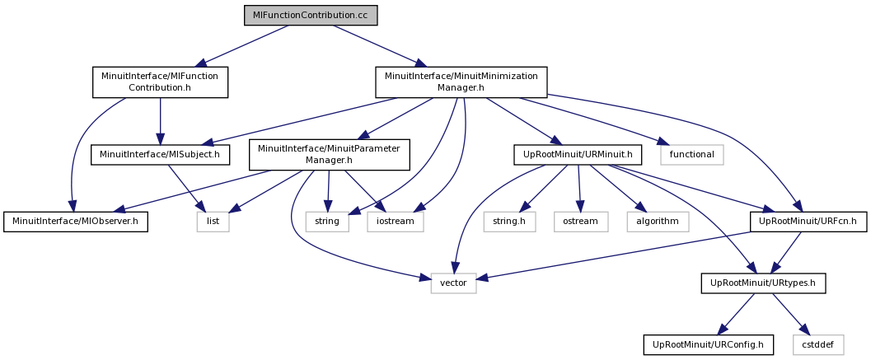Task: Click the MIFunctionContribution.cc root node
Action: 311,15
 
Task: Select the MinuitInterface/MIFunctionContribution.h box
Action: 160,82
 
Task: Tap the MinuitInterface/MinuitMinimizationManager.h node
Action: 461,82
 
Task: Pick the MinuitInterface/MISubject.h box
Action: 160,155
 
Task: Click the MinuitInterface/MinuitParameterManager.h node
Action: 330,155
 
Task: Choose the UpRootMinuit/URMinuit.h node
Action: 578,155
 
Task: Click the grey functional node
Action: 692,155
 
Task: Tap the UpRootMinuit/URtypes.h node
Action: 764,283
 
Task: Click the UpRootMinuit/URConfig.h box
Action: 708,344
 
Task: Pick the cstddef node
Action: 818,344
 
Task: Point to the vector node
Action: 453,283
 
